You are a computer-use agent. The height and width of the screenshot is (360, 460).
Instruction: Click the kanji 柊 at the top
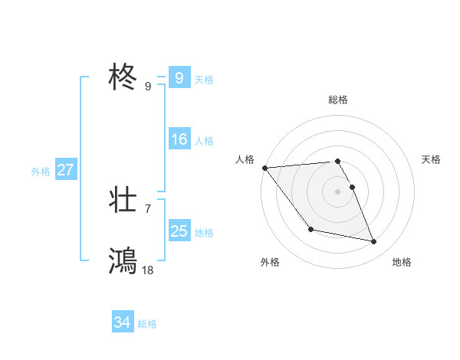click(123, 78)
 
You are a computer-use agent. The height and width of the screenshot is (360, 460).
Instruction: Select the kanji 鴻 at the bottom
click(123, 261)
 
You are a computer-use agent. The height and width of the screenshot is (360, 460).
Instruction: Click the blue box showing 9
click(179, 78)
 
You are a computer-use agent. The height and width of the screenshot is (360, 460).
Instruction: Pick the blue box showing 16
click(179, 139)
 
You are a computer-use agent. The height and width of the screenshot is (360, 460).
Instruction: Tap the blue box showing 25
click(179, 231)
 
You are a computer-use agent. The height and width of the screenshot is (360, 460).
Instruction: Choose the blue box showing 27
click(65, 170)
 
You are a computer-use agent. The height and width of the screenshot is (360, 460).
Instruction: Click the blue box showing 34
click(122, 323)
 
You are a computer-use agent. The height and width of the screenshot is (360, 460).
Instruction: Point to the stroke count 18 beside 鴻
click(148, 270)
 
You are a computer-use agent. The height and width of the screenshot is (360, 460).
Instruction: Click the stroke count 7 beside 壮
click(148, 208)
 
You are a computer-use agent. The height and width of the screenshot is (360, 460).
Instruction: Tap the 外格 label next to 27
click(41, 172)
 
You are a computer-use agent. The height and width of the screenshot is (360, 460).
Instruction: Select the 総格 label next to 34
click(147, 324)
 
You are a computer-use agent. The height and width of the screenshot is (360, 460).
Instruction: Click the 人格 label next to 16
click(204, 141)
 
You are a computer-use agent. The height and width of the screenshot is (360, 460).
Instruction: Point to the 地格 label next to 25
click(204, 232)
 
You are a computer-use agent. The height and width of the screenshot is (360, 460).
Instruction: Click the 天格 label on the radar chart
click(432, 159)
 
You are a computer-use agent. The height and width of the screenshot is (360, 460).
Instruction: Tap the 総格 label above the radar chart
click(338, 100)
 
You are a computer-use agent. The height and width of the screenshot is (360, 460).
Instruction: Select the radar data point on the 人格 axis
click(264, 168)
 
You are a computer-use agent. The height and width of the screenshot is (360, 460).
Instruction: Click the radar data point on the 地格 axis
click(374, 242)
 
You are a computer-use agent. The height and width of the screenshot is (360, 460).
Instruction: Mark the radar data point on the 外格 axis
click(310, 229)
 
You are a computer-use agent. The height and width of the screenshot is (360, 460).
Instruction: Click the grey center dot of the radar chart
click(338, 191)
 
